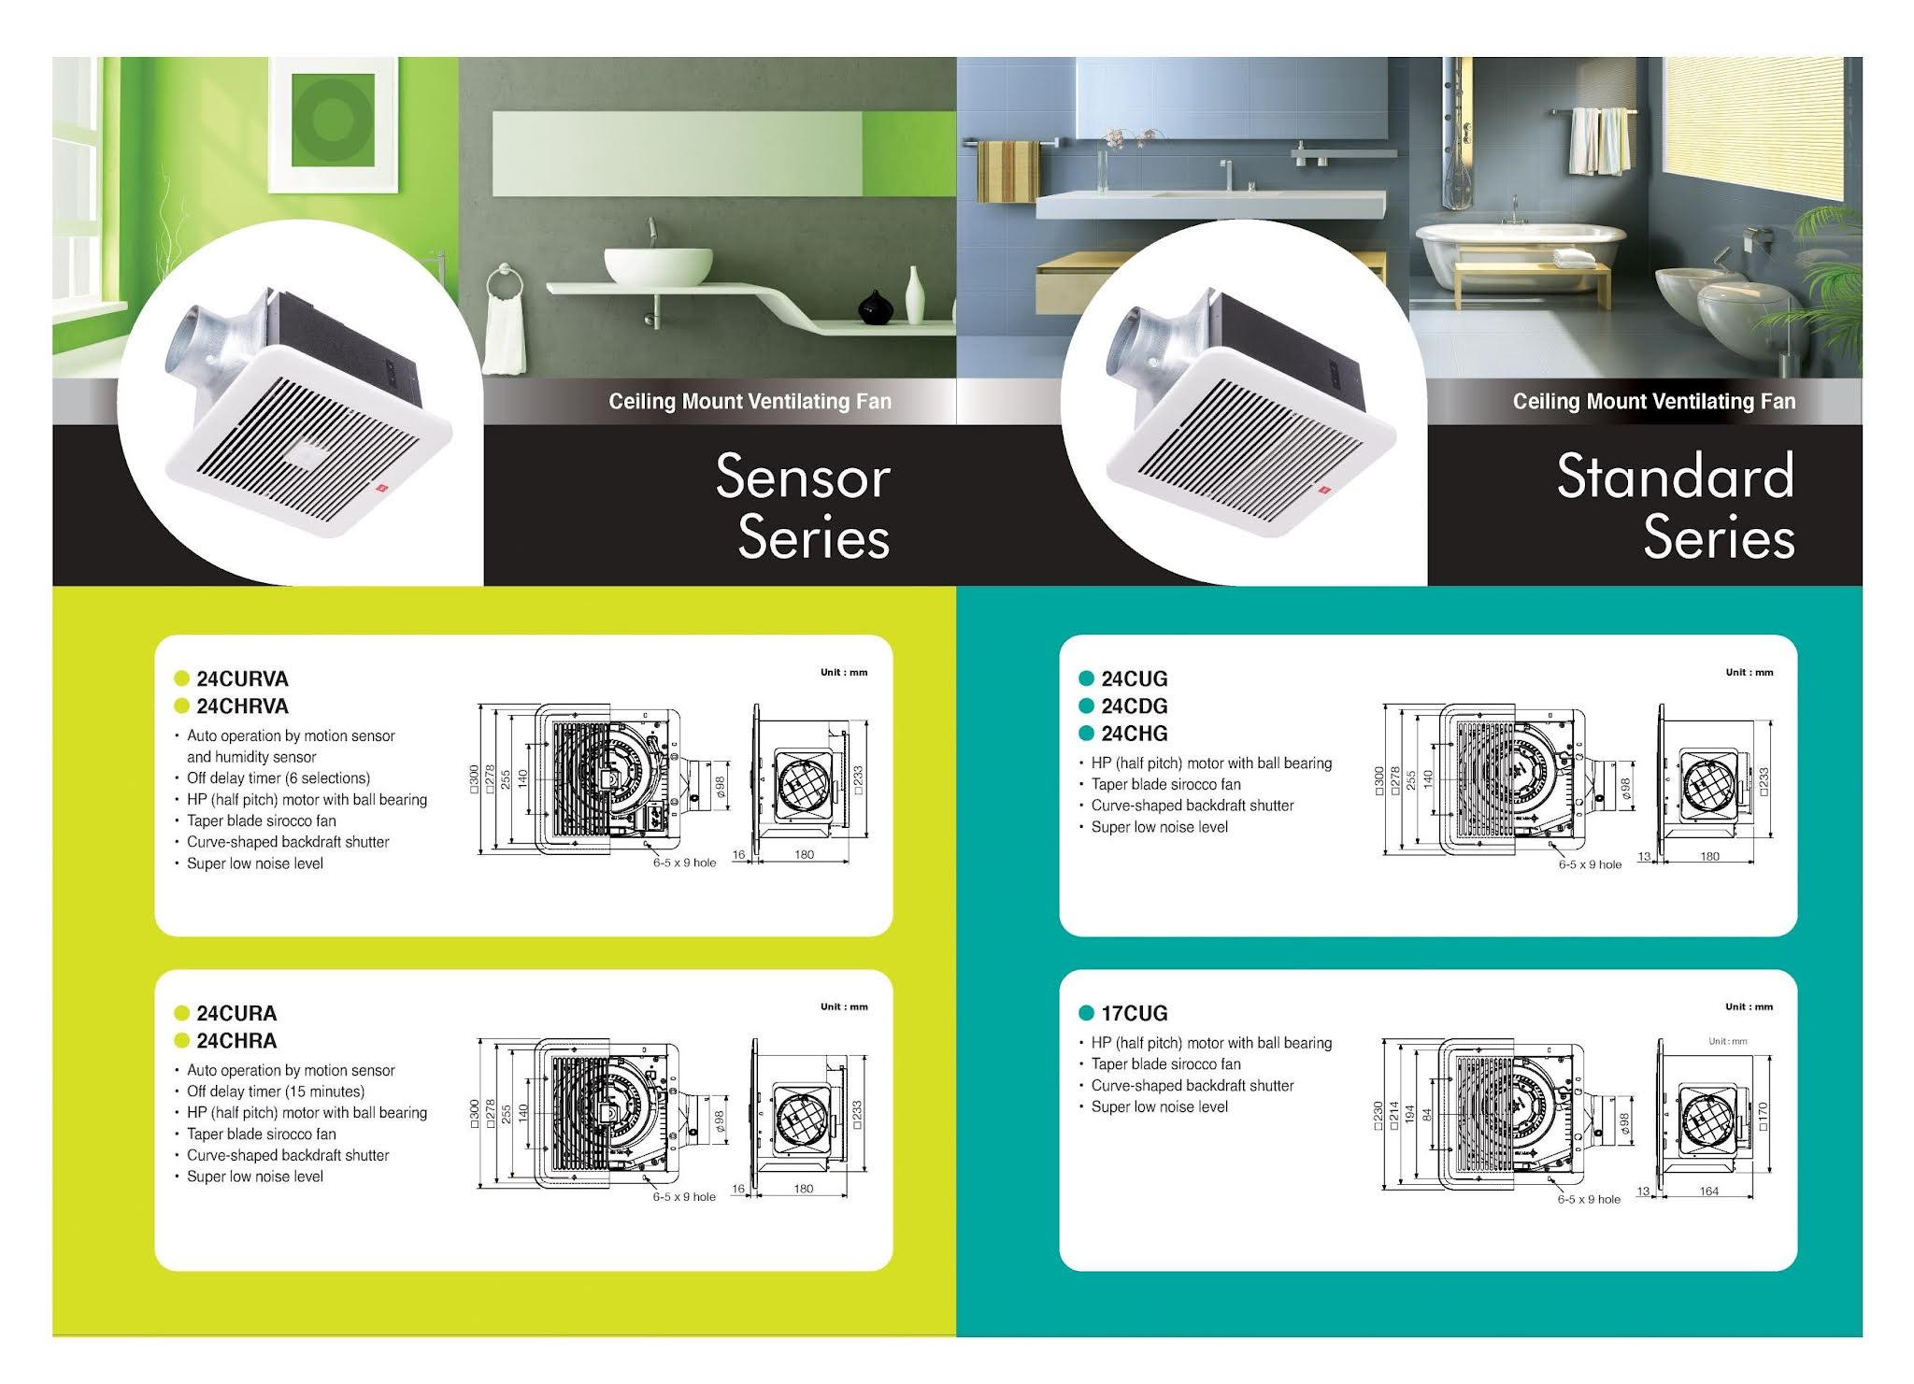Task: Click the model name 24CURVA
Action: (242, 678)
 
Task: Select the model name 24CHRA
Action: (236, 1040)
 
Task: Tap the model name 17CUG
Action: (1134, 1013)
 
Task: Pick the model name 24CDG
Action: (1134, 706)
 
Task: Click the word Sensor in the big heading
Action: (803, 477)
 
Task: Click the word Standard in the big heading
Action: (1675, 477)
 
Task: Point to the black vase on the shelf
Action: (876, 307)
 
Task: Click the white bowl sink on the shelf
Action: (658, 265)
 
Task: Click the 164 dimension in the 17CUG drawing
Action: (1708, 1191)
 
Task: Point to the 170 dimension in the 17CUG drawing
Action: (1763, 1116)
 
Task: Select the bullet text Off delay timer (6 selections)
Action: (279, 778)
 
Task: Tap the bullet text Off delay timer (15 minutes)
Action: (276, 1091)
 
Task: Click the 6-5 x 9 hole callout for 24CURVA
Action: (684, 863)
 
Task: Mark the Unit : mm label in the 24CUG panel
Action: (1749, 672)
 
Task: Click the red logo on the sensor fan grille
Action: (380, 487)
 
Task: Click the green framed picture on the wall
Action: (333, 118)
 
